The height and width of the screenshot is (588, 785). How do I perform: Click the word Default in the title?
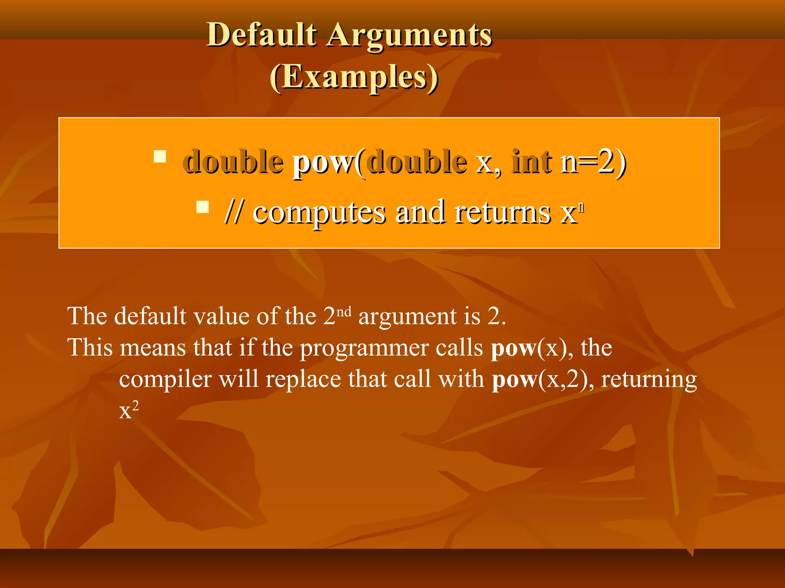tap(261, 35)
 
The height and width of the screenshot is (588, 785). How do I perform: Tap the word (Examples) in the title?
tap(354, 78)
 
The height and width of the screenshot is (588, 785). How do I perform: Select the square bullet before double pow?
tap(160, 157)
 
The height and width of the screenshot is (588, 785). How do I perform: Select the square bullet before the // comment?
tap(202, 207)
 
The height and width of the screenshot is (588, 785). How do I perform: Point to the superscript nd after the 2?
tap(344, 312)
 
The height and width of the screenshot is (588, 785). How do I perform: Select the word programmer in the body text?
tap(364, 349)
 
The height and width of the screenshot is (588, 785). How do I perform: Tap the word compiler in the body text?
tap(165, 380)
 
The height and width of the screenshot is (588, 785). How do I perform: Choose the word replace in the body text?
tap(303, 379)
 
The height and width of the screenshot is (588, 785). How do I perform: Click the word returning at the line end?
tap(649, 380)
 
